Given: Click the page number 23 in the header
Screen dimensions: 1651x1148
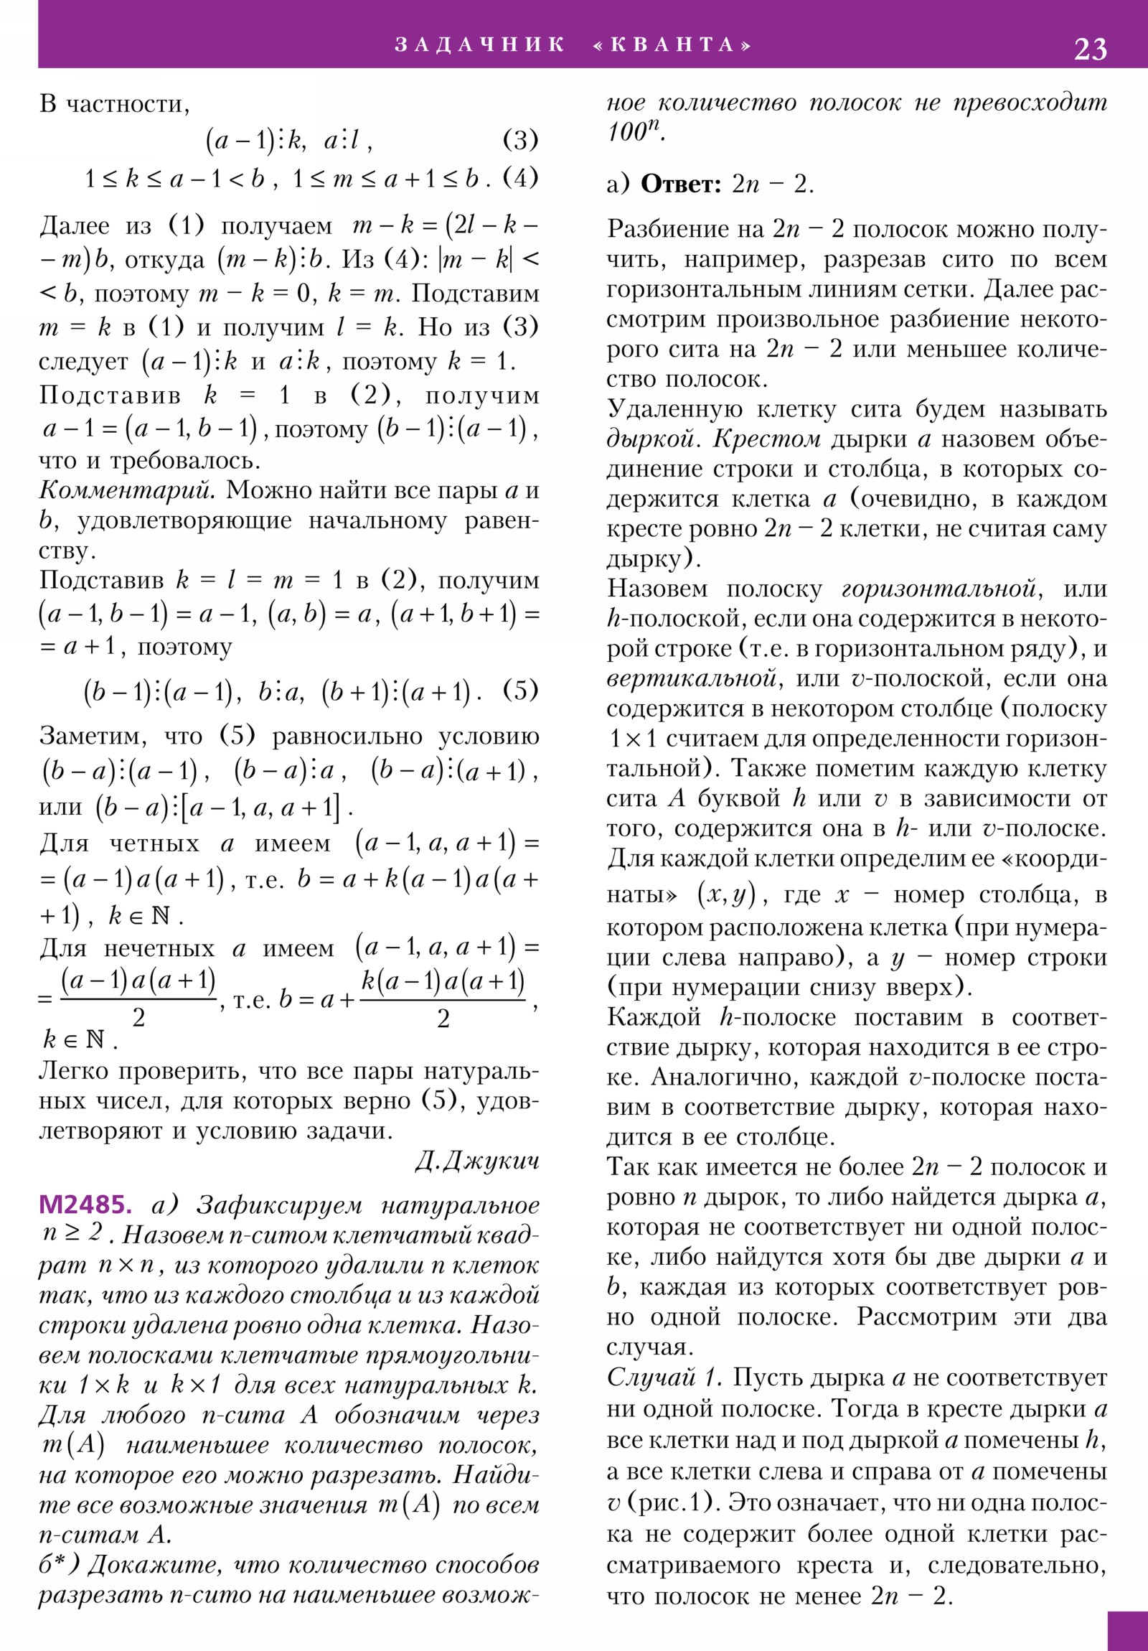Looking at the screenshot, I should pos(1090,49).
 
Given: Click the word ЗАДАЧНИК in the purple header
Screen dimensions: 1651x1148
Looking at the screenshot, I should pos(479,45).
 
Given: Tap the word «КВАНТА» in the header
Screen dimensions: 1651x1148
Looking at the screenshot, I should pos(672,45).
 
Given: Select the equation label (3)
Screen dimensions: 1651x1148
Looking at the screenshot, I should pos(520,139).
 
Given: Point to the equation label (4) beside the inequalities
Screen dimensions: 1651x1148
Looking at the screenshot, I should pos(520,177).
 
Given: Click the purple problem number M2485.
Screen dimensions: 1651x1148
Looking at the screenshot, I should pos(85,1204).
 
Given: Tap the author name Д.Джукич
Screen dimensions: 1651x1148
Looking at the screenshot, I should pos(476,1161).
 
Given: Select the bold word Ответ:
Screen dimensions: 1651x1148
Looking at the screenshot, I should pos(680,184).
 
